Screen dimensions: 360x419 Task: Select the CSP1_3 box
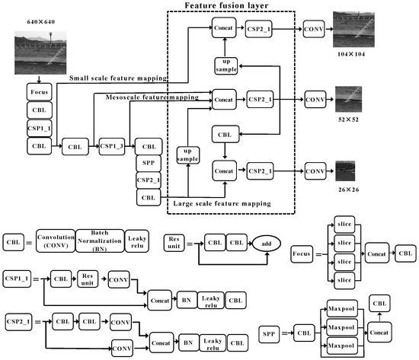coord(110,145)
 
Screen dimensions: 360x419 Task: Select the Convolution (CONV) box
coord(53,242)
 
